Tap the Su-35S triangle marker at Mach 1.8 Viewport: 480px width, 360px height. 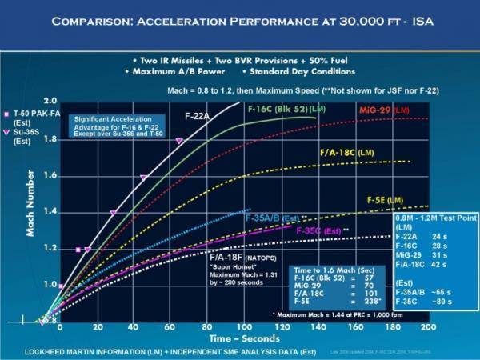point(179,141)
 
